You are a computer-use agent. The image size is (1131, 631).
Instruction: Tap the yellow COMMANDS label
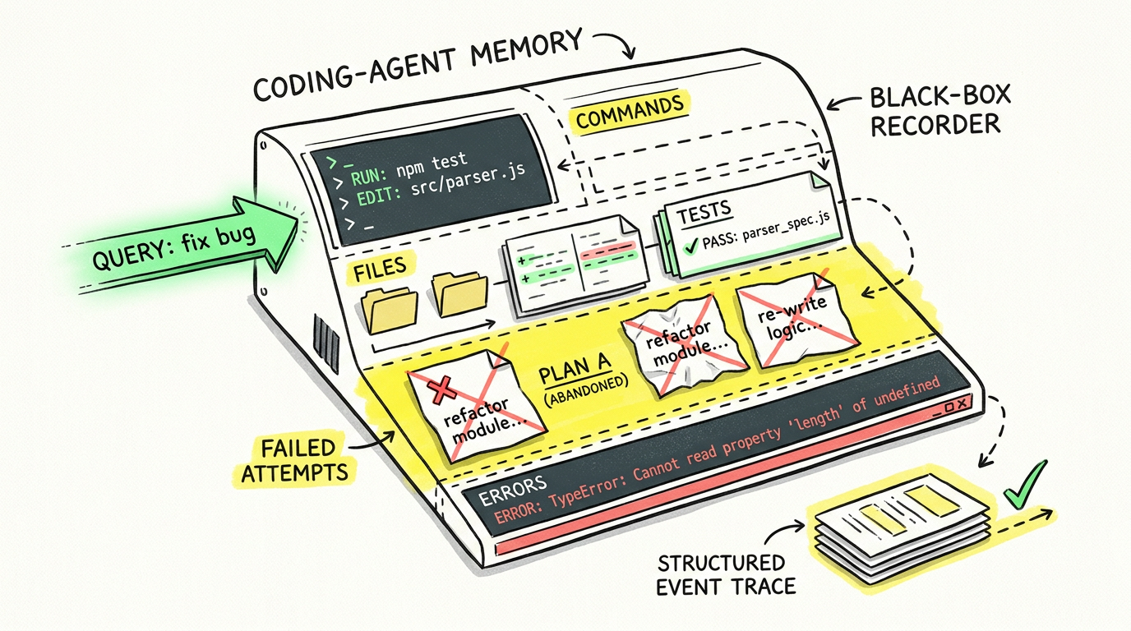(630, 112)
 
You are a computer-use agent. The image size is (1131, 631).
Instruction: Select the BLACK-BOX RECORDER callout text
(939, 111)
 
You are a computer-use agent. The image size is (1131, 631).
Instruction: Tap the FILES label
(380, 269)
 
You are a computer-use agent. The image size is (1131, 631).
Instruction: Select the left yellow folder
(390, 309)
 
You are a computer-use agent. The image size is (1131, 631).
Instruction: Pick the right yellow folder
(459, 294)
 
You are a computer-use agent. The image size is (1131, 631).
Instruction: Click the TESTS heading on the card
(704, 212)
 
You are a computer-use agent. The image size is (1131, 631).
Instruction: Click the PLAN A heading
(575, 368)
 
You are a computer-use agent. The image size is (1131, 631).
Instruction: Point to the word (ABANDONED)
(586, 391)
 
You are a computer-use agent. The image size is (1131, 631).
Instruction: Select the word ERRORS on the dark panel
(512, 491)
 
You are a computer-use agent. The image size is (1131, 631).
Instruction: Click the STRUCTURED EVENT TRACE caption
(726, 575)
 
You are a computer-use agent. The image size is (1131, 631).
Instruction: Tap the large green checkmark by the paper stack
(1024, 484)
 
